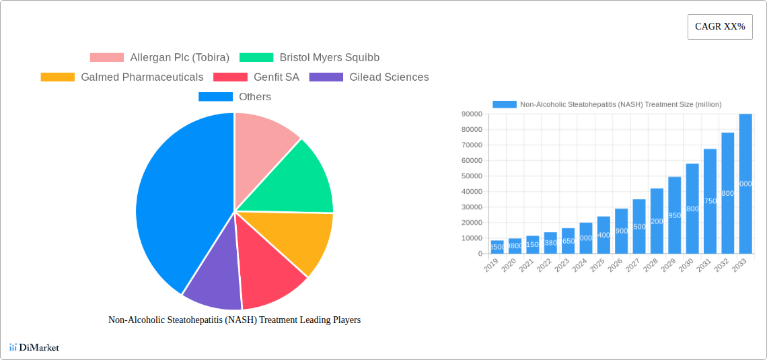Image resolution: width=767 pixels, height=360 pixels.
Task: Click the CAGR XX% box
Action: pyautogui.click(x=719, y=27)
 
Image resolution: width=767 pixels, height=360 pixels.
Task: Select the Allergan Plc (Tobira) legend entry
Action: pyautogui.click(x=159, y=58)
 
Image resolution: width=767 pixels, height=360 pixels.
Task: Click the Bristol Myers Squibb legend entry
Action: pyautogui.click(x=309, y=58)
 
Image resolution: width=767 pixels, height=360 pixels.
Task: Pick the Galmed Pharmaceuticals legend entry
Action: pyautogui.click(x=122, y=77)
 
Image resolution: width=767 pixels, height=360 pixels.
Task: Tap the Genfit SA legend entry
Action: pyautogui.click(x=256, y=77)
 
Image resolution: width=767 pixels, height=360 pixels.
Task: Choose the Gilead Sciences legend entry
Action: pyautogui.click(x=369, y=77)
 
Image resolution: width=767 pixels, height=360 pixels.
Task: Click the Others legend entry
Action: pyautogui.click(x=235, y=97)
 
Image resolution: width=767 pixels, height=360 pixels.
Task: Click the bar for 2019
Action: pyautogui.click(x=497, y=247)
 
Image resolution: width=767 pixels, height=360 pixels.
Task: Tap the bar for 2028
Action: pyautogui.click(x=657, y=221)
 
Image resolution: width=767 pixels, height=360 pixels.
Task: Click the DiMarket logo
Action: pyautogui.click(x=34, y=347)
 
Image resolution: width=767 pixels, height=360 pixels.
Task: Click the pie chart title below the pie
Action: pyautogui.click(x=234, y=320)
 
